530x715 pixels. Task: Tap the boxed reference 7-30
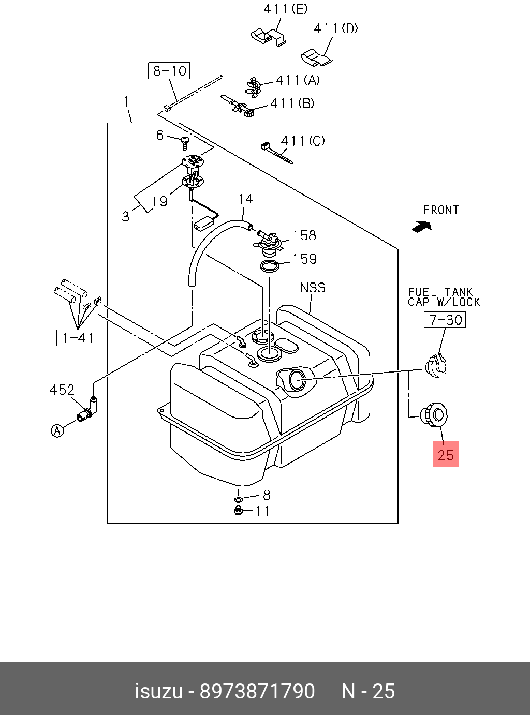coord(445,320)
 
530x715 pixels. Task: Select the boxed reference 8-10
coord(169,70)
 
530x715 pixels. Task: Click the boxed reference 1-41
coord(78,338)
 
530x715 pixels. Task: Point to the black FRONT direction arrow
coord(422,227)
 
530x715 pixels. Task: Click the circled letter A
coord(57,430)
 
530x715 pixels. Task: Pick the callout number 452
coord(62,390)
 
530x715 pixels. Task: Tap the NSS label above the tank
coord(313,288)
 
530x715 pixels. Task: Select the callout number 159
coord(304,259)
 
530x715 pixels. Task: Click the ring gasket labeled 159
coord(270,266)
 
